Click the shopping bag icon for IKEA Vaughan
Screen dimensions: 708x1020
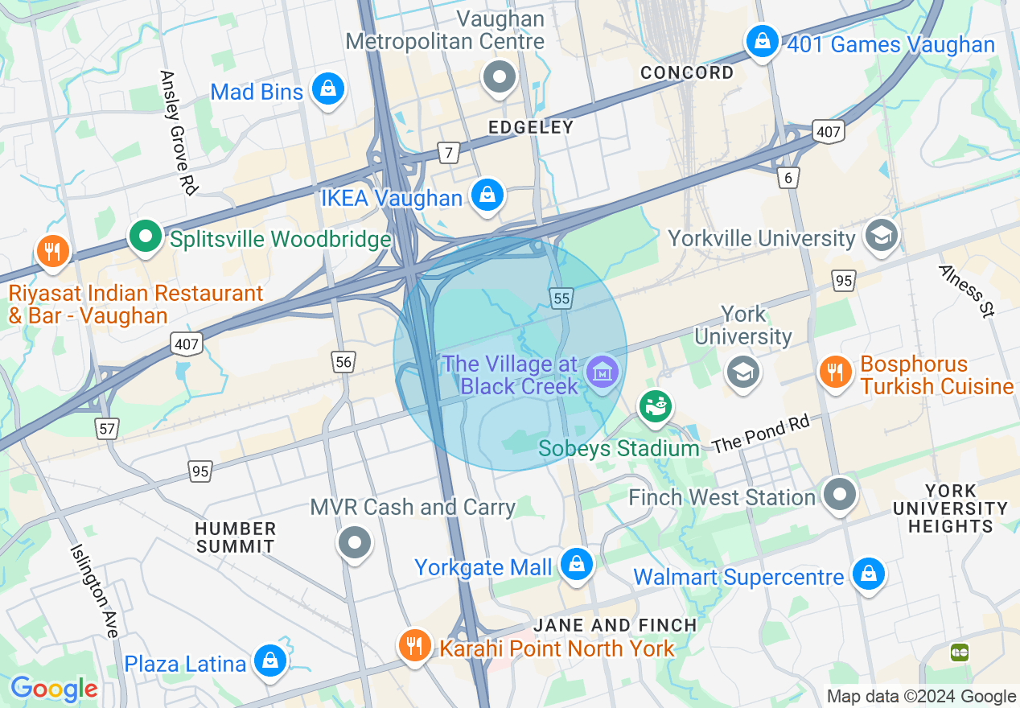(x=487, y=196)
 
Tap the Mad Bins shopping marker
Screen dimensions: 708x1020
(x=328, y=89)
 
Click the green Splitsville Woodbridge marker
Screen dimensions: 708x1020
(x=146, y=237)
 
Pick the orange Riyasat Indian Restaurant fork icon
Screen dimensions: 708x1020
(x=52, y=251)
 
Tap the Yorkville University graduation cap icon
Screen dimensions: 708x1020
(x=882, y=237)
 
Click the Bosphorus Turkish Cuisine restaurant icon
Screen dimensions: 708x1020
(x=836, y=372)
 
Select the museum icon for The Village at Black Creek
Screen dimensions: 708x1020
(x=602, y=372)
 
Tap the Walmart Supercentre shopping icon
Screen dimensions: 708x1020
(x=869, y=574)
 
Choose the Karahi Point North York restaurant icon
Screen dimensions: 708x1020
(x=414, y=645)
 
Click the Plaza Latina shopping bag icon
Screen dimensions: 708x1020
(x=269, y=661)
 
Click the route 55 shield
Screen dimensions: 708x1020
(x=561, y=298)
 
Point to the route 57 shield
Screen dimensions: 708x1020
(x=107, y=428)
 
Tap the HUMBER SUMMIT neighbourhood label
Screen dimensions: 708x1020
(x=236, y=537)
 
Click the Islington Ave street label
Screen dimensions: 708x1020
(x=94, y=591)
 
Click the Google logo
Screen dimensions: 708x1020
(x=54, y=689)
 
